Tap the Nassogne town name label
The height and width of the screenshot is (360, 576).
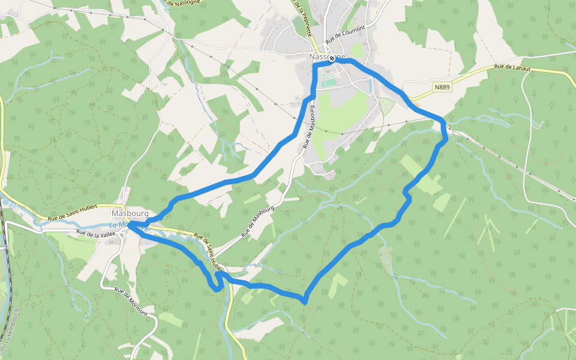pos(325,56)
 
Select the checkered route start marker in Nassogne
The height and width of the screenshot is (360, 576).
pos(331,59)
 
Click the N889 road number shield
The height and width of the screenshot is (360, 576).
pos(442,87)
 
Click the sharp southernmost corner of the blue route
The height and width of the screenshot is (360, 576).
pos(305,301)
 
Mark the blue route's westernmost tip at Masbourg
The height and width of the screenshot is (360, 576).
pos(130,224)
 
